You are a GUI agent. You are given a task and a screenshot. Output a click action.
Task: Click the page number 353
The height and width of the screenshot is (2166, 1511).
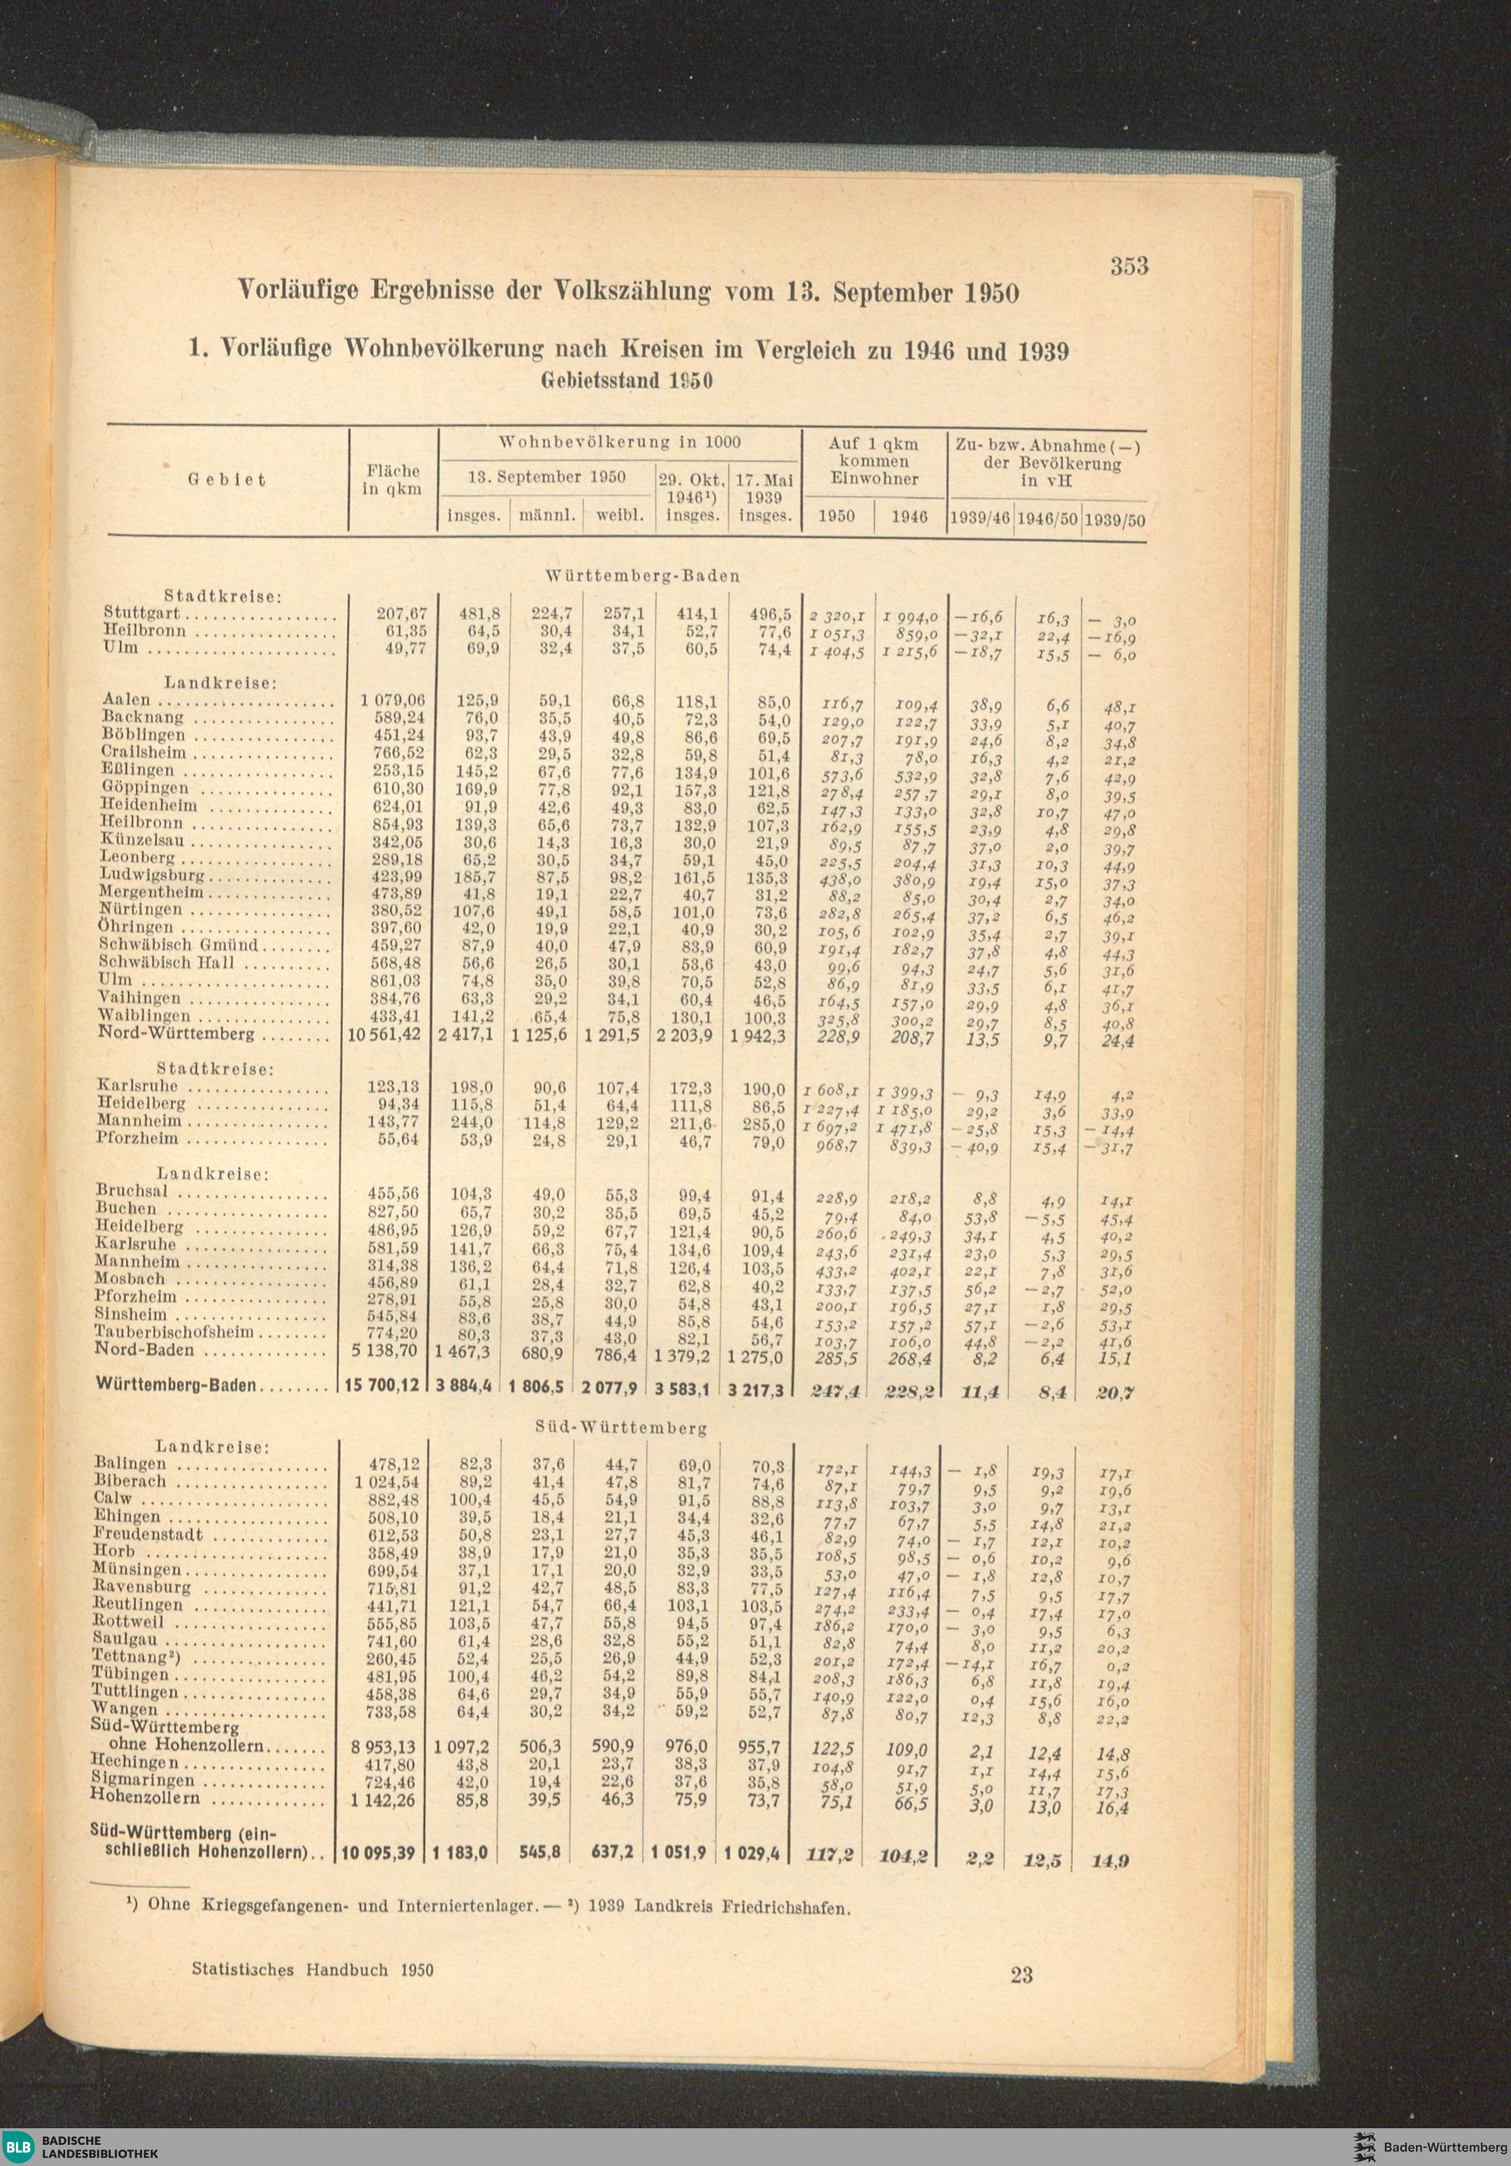click(x=1129, y=266)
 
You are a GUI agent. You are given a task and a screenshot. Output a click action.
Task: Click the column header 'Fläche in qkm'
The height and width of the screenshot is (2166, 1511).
click(x=391, y=480)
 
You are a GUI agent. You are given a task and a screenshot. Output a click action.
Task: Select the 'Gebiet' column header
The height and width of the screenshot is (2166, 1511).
click(x=227, y=480)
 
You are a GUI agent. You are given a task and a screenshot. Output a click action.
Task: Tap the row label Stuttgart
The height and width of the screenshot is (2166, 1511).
click(x=141, y=613)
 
